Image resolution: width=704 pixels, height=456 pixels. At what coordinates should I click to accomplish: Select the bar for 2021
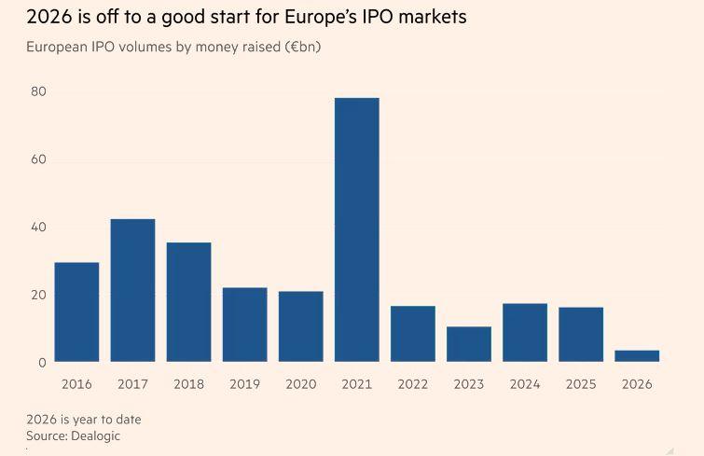pos(357,229)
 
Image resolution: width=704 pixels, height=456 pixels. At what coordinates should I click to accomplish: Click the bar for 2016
pos(76,311)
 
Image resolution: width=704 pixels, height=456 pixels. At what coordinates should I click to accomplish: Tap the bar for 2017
pos(132,290)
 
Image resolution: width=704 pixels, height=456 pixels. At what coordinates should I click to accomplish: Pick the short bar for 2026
pos(637,355)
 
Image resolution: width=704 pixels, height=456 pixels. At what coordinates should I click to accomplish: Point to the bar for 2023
pos(469,343)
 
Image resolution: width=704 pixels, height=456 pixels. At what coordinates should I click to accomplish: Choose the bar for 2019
pos(244,324)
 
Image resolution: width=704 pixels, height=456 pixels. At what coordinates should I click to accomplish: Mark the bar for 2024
pos(525,332)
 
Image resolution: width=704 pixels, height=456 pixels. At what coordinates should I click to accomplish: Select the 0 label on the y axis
pos(42,363)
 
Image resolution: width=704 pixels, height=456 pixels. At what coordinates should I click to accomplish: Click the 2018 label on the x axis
pos(188,384)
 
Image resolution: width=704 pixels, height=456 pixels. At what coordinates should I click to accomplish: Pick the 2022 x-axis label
pos(413,384)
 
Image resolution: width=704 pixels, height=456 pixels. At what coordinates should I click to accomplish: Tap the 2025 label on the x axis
pos(581,384)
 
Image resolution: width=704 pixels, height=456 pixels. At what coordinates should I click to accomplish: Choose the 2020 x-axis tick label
pos(300,384)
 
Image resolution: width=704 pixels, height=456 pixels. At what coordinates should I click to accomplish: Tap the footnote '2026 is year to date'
pos(84,420)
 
